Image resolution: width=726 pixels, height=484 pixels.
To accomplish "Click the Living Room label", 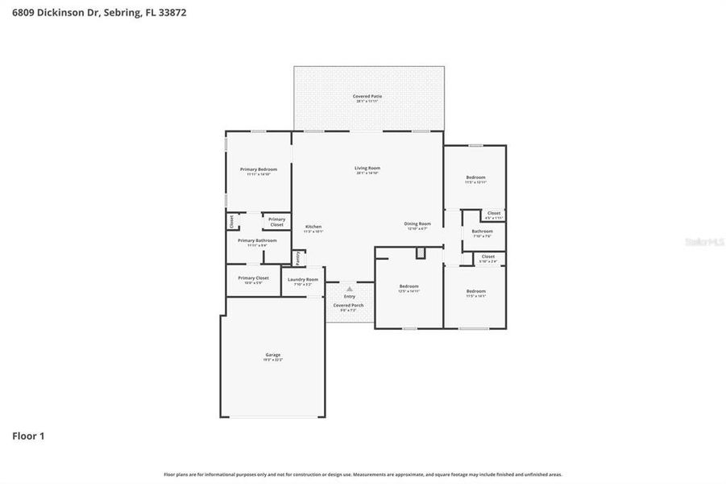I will coord(367,169).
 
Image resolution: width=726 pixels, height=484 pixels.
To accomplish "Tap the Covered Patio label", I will coord(367,97).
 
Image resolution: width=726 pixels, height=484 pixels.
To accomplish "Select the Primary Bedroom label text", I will coord(259,169).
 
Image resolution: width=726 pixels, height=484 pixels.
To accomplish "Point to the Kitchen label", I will coord(313,227).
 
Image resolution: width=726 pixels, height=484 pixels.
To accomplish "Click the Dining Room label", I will coord(417,224).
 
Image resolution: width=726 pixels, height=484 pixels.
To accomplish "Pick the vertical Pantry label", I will coord(297,257).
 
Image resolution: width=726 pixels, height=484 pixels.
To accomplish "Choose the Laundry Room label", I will coord(303,279).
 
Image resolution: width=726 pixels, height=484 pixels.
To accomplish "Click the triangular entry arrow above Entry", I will coord(349,287).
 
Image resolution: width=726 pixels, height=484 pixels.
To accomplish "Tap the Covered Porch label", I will coord(349,306).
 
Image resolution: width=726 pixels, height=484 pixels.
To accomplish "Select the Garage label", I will coord(273,355).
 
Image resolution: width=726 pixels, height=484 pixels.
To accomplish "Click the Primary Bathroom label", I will coord(257,240).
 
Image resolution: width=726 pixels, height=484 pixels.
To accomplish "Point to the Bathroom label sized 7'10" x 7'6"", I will coord(483,232).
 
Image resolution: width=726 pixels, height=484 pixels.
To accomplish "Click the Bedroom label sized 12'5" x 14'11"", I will coord(409,286).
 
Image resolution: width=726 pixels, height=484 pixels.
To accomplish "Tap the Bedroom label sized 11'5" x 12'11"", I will coord(475,177).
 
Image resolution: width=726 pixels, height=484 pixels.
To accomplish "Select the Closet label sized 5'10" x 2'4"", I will coord(488,257).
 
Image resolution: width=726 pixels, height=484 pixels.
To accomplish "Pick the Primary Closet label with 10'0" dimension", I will coord(253,278).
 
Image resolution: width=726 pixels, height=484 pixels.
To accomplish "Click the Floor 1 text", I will coord(28,436).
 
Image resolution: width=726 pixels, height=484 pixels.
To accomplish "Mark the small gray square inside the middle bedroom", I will coord(420,253).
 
